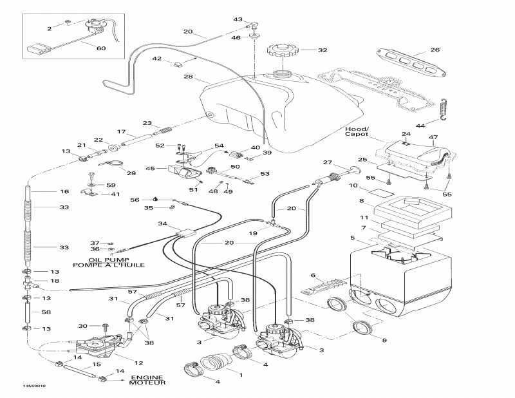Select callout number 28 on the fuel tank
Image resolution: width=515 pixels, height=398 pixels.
click(x=188, y=77)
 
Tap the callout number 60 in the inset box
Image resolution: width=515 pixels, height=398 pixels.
click(x=101, y=48)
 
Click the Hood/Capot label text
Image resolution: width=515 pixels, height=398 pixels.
click(x=357, y=131)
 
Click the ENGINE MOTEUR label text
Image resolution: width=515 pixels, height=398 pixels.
click(x=148, y=380)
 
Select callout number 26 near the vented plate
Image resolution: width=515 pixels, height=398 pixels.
click(x=435, y=50)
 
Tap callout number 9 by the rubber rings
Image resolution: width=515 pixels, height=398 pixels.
click(x=385, y=339)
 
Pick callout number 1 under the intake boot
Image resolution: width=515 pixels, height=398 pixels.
click(x=241, y=374)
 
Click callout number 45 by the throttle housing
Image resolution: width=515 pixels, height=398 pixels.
click(x=151, y=169)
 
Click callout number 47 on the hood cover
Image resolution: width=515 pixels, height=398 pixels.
click(x=433, y=138)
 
